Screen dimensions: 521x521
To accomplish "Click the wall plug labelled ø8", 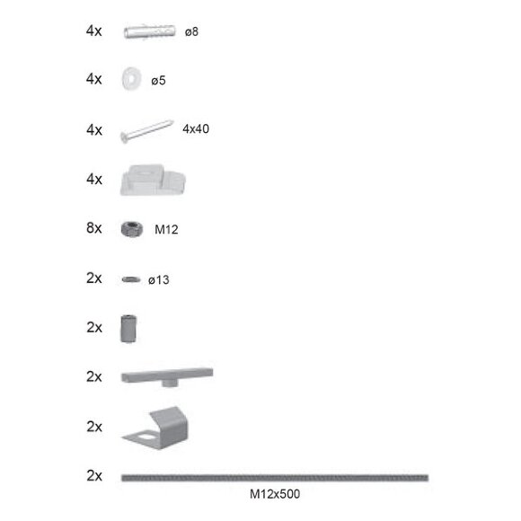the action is (149, 31).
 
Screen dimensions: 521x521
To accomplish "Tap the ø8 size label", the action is (191, 32).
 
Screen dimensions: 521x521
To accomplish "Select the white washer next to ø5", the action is (131, 79).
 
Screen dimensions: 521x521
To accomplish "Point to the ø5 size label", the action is (158, 81).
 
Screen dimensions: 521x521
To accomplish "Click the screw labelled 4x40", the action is (146, 131).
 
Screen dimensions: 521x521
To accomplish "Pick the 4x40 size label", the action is (196, 129).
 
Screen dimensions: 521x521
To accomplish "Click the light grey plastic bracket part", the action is (153, 180).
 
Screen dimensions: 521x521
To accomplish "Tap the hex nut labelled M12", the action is (132, 229).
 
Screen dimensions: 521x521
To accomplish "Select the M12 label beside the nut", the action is (166, 229).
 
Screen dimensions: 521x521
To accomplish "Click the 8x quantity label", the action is (94, 228).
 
